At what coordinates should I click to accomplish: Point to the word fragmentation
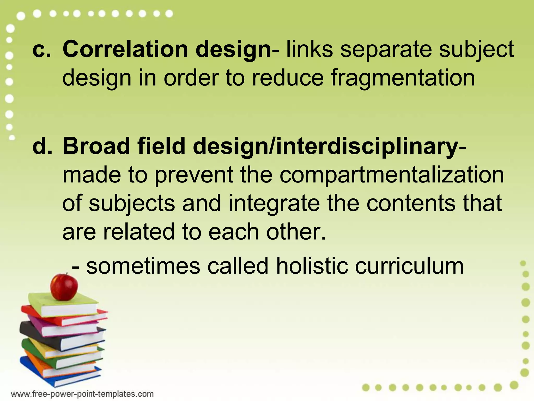403,78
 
